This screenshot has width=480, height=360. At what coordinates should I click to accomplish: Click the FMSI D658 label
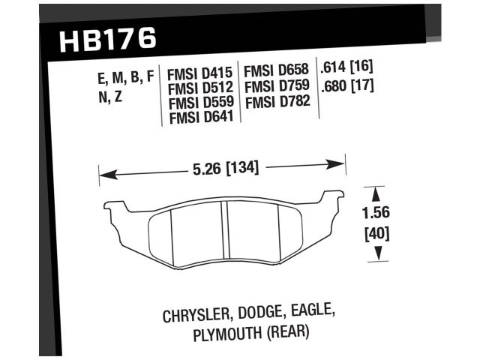coord(278,73)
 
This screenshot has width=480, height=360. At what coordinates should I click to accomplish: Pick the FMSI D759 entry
coord(278,87)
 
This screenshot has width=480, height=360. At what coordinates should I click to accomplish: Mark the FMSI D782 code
coord(278,101)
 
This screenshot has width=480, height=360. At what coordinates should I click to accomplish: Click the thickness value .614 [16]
coord(346,68)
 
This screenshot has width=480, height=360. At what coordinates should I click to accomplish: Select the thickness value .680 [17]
coord(346,85)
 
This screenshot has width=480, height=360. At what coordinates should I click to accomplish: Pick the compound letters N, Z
coord(109,97)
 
